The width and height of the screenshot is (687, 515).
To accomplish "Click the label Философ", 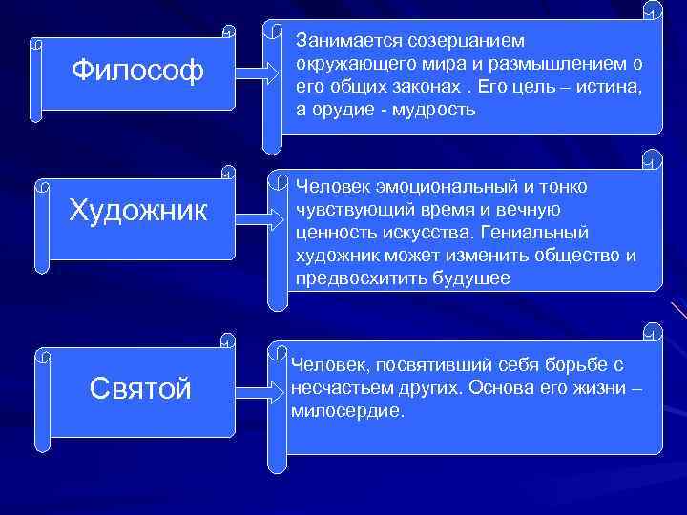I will [138, 71].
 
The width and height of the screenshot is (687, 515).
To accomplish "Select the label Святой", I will [140, 388].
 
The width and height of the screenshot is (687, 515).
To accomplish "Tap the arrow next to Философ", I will [254, 72].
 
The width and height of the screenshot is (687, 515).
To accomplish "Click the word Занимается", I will [345, 41].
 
